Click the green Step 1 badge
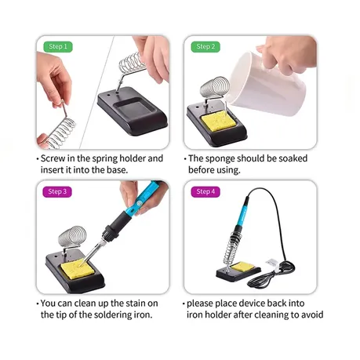(58, 47)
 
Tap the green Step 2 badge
(205, 47)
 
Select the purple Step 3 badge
(57, 191)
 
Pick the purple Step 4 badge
(205, 191)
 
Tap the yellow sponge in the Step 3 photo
(78, 269)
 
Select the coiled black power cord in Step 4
(272, 275)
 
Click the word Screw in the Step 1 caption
(53, 158)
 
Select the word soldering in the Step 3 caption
(113, 315)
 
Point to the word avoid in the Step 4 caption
(312, 315)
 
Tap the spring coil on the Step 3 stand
(72, 236)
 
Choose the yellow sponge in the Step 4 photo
(243, 267)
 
